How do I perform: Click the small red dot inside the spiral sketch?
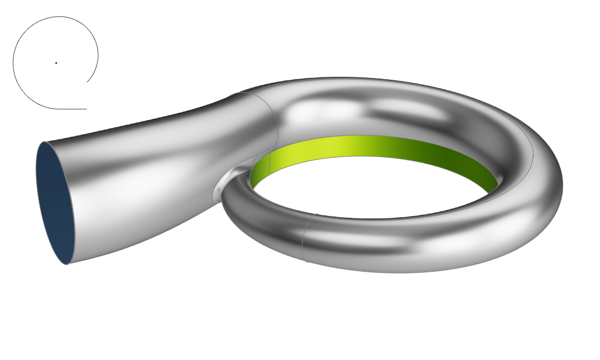point(56,63)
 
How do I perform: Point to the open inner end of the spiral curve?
point(87,82)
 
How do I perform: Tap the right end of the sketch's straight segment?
point(86,109)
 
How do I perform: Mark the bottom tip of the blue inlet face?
point(67,263)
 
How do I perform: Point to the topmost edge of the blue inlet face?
point(45,142)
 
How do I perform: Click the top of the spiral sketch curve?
point(57,17)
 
